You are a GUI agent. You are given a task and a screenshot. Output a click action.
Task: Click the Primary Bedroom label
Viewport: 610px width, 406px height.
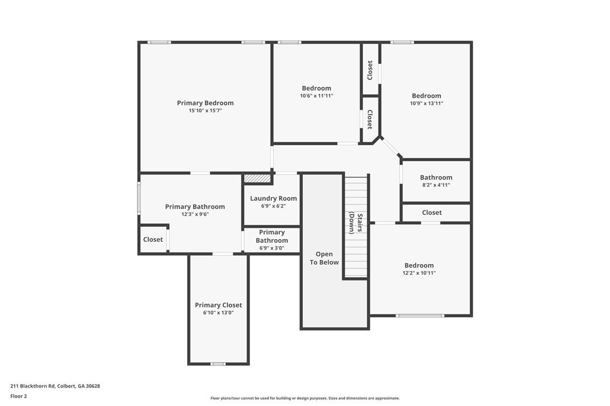click(205, 103)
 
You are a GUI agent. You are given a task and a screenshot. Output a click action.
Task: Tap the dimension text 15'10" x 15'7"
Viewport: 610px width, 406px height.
click(205, 111)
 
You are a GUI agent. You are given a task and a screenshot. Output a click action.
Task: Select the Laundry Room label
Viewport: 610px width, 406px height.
click(274, 199)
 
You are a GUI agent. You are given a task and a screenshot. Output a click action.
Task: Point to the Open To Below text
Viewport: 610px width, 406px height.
click(325, 259)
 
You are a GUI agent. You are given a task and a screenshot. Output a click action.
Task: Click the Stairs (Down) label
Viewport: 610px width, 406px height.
click(356, 223)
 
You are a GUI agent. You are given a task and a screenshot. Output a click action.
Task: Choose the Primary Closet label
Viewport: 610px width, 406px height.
click(218, 305)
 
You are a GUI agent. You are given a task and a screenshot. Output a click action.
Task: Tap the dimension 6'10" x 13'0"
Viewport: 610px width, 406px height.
click(218, 313)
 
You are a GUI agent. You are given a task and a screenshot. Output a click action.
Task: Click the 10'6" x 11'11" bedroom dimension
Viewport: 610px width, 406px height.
click(316, 96)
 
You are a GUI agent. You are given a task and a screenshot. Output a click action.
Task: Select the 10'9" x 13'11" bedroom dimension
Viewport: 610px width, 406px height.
click(426, 103)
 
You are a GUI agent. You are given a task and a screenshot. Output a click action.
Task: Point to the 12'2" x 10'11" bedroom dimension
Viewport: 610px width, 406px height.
click(419, 273)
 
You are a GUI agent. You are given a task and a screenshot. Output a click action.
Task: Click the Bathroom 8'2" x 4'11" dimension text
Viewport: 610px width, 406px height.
click(436, 185)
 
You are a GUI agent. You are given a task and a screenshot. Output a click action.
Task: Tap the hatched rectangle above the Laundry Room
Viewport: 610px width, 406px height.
click(258, 178)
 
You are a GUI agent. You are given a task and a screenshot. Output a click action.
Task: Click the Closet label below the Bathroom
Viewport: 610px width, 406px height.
click(432, 213)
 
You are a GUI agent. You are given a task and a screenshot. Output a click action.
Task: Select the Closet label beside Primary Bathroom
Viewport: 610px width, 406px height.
click(153, 239)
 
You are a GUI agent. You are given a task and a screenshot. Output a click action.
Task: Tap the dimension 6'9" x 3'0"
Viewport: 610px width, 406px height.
click(272, 248)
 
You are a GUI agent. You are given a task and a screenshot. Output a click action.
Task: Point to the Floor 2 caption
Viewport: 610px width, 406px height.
click(19, 396)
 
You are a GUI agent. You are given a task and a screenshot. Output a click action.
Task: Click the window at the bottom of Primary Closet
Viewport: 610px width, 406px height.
click(218, 364)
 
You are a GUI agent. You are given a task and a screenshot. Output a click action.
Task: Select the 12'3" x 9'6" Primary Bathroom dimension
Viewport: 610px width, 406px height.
click(195, 214)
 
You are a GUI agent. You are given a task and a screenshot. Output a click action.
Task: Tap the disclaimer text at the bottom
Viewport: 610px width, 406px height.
click(305, 398)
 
